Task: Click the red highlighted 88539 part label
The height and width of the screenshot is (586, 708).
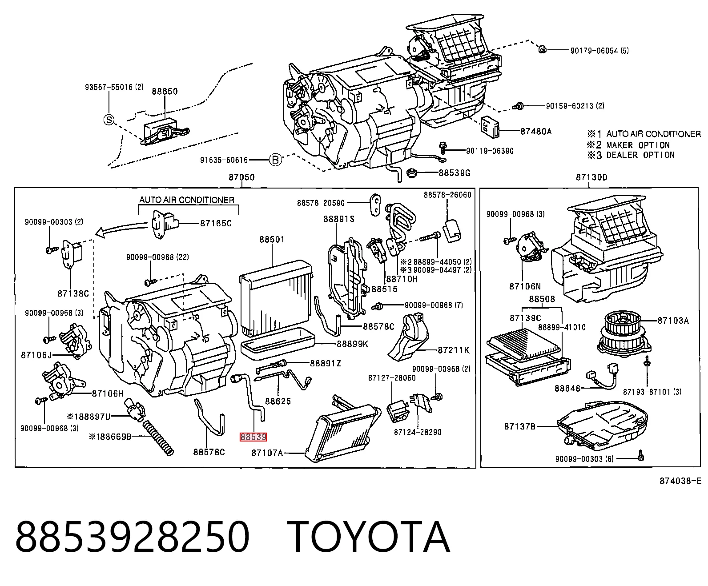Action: (x=253, y=437)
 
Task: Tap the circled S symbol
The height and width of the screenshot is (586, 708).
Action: (x=109, y=120)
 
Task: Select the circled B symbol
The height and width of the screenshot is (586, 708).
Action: (x=276, y=160)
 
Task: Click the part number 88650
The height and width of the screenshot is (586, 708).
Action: (x=165, y=92)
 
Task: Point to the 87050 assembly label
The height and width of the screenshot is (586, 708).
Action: (x=242, y=177)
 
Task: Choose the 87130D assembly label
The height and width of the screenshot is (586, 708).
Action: (x=591, y=177)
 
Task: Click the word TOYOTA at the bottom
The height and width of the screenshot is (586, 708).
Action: (x=369, y=537)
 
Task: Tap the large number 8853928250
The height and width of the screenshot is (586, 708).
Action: (x=133, y=537)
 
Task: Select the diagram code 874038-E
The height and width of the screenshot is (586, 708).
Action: (x=680, y=481)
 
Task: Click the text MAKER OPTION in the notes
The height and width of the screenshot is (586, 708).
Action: (x=638, y=145)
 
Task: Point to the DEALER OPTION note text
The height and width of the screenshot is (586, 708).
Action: (x=640, y=155)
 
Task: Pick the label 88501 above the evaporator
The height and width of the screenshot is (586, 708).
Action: (x=272, y=239)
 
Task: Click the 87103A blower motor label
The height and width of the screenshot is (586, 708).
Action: (x=673, y=321)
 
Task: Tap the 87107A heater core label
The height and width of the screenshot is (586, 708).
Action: (x=267, y=453)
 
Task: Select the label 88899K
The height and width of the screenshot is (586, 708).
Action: (x=352, y=344)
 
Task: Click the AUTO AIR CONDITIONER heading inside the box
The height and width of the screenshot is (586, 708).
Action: (x=187, y=200)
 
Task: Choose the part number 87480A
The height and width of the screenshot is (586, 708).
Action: (x=536, y=131)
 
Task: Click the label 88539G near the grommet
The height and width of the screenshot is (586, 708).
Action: (x=455, y=173)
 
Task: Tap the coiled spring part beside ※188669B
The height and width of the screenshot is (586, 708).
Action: (x=158, y=437)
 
